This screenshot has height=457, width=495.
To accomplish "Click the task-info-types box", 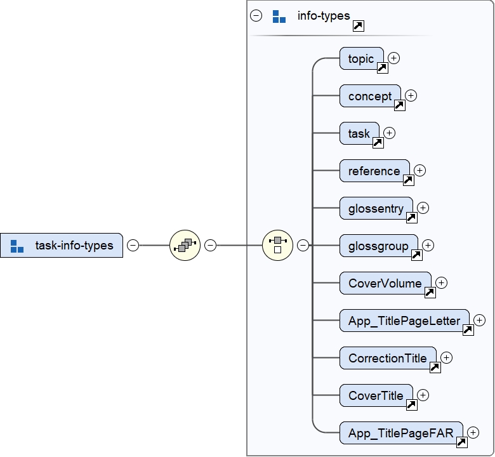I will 62,245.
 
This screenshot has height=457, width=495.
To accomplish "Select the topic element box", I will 361,59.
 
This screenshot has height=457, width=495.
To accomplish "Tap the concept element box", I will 370,96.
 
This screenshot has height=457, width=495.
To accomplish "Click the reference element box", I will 374,171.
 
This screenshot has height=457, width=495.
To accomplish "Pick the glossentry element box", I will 376,208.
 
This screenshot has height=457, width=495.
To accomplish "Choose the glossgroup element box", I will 378,246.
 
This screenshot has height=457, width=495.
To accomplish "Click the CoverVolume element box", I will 385,283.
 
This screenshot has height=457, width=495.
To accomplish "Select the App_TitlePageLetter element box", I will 404,321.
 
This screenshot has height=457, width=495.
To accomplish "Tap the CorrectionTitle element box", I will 387,358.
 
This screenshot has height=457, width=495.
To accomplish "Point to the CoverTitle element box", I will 376,395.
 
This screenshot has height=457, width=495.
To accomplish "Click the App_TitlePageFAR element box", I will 400,433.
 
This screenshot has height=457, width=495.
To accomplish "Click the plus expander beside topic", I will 394,58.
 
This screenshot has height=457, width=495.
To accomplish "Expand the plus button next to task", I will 390,133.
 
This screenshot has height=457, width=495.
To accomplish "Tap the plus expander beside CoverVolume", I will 442,282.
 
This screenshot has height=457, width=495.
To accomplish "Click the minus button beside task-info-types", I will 133,245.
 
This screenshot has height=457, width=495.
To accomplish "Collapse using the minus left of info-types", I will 256,16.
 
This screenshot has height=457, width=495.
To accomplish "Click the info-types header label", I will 324,15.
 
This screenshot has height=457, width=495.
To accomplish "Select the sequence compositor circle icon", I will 185,245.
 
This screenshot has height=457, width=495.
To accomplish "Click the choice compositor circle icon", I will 277,245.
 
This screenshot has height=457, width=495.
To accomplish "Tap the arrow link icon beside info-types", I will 358,25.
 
